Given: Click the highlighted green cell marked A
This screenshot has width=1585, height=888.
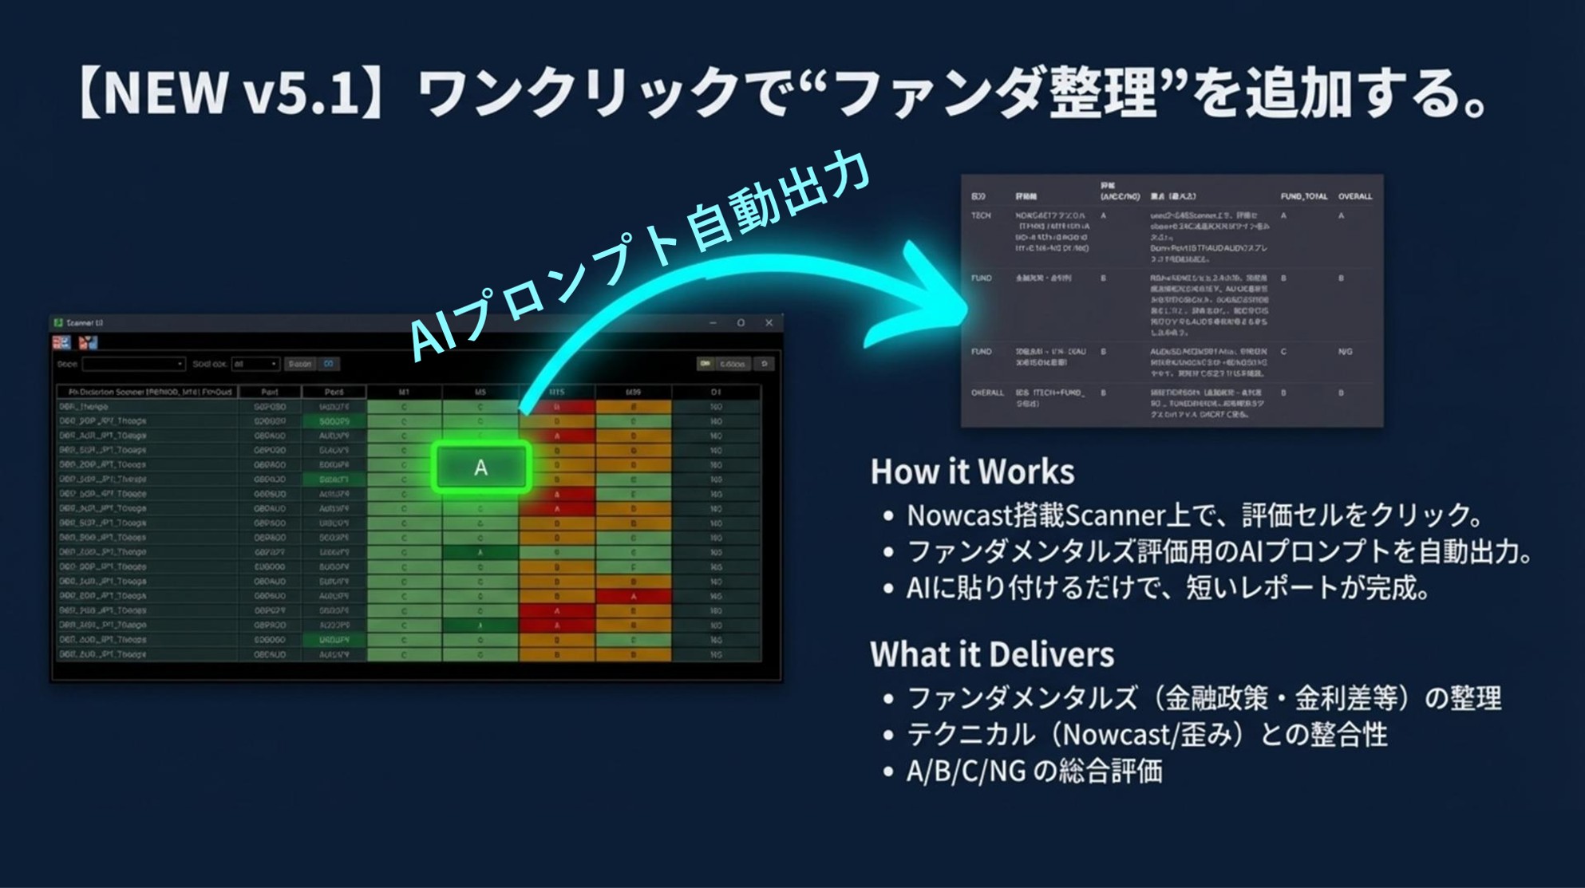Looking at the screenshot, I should point(481,467).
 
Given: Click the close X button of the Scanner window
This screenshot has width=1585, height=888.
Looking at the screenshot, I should point(769,323).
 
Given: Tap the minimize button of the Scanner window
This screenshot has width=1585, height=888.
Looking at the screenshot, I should point(713,323).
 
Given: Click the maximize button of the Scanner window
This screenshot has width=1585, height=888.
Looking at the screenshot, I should point(741,323).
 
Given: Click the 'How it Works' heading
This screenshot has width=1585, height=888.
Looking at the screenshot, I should point(972,472).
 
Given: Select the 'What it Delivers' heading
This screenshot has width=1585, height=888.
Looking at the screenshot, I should point(992,654).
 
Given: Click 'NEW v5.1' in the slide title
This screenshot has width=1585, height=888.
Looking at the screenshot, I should point(231,93).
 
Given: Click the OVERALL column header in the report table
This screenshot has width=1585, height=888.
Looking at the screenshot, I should point(1355,196).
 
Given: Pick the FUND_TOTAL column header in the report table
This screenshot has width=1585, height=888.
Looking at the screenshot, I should point(1303,196).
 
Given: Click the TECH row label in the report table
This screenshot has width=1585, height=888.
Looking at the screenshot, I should point(981,215).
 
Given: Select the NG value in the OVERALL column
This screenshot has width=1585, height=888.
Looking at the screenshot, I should point(1345,352).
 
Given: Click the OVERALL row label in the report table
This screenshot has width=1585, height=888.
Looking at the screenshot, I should point(987,393).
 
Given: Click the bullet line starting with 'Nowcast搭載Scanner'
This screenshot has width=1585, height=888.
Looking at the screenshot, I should point(1194,515).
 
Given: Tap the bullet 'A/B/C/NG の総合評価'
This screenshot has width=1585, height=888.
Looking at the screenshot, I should point(1034,772).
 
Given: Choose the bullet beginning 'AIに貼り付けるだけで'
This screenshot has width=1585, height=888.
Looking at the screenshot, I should point(1167,589).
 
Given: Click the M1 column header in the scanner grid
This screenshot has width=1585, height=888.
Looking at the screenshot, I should point(404,392).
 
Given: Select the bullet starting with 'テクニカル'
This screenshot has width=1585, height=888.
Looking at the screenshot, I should point(1147,735).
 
